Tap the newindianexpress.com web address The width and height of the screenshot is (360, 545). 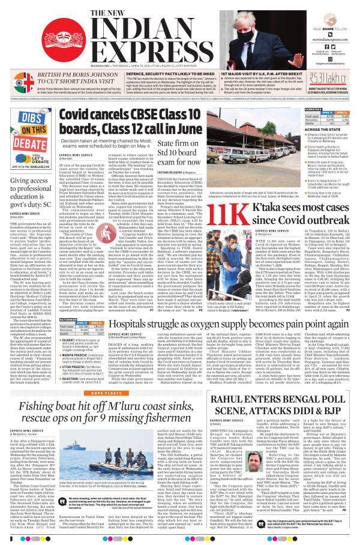tap(332, 39)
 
